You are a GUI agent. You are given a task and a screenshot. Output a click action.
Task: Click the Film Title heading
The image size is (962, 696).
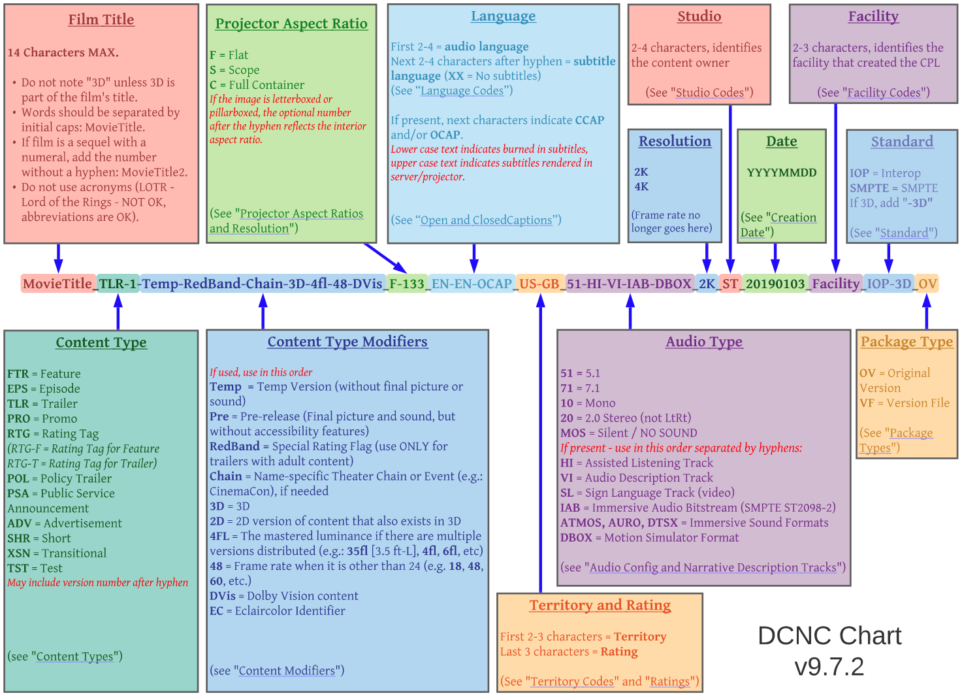pyautogui.click(x=101, y=20)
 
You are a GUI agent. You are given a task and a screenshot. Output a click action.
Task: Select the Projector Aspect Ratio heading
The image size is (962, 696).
pyautogui.click(x=291, y=24)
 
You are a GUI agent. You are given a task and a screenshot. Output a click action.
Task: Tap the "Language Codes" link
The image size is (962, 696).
pyautogui.click(x=462, y=91)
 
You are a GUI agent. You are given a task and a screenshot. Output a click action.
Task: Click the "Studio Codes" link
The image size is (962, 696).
pyautogui.click(x=709, y=93)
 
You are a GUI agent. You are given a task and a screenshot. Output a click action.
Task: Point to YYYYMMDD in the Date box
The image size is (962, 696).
pyautogui.click(x=782, y=173)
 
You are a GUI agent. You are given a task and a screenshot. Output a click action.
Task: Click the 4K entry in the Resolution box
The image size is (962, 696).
pyautogui.click(x=641, y=187)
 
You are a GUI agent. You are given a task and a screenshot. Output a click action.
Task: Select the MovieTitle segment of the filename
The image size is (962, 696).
pyautogui.click(x=57, y=284)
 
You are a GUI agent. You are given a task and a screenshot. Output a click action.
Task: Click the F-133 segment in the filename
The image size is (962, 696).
pyautogui.click(x=406, y=284)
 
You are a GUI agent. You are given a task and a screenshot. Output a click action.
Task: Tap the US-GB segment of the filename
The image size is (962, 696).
pyautogui.click(x=539, y=284)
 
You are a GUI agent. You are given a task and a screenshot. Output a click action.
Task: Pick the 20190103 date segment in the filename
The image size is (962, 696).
pyautogui.click(x=775, y=284)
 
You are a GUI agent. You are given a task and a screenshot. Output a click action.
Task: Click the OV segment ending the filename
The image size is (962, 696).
pyautogui.click(x=927, y=284)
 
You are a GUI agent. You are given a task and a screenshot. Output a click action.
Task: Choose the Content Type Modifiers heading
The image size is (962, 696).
pyautogui.click(x=347, y=342)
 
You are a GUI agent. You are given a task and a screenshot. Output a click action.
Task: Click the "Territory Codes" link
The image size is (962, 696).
pyautogui.click(x=572, y=682)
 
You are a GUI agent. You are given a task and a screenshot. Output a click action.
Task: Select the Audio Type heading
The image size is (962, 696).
pyautogui.click(x=704, y=342)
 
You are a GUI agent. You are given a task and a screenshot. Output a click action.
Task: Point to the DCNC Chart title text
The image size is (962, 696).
pyautogui.click(x=829, y=636)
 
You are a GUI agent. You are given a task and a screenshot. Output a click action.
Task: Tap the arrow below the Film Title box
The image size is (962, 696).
pyautogui.click(x=58, y=258)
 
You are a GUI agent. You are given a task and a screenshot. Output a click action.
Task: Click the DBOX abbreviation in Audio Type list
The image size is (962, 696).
pyautogui.click(x=575, y=538)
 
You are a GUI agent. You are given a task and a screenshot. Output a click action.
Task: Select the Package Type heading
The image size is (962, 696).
pyautogui.click(x=906, y=342)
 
